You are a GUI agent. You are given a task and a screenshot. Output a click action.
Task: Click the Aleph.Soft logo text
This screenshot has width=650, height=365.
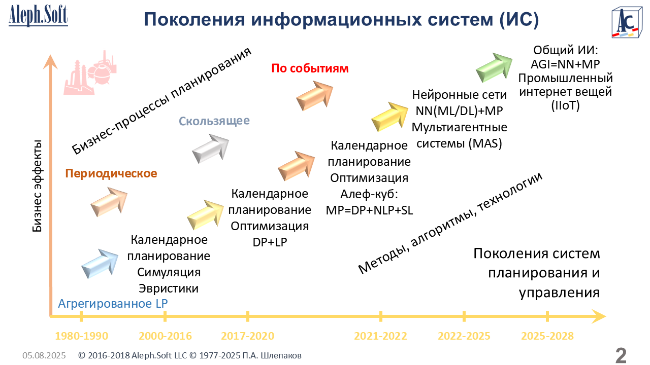38,15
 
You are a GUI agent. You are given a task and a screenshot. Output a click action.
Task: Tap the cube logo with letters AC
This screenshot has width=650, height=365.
627,23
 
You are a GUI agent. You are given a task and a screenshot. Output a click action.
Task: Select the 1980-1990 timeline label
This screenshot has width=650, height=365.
82,336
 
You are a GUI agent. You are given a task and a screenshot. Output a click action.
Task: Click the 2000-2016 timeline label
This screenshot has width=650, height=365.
165,336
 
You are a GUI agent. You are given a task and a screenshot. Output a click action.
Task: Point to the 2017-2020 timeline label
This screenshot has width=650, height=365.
247,336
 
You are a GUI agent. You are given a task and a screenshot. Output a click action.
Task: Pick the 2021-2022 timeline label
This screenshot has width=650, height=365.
380,336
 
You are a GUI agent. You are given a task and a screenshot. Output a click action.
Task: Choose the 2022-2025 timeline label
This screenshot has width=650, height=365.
464,336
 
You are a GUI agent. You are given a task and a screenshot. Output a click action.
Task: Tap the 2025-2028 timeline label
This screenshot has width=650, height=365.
547,336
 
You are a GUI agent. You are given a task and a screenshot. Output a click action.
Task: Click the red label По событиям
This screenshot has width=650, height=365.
310,68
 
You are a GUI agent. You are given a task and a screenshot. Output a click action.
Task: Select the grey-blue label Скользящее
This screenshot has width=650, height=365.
214,121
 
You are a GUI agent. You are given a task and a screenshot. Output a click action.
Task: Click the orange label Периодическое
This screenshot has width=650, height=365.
111,173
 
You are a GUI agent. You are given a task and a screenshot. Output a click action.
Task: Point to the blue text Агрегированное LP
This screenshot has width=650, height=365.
113,304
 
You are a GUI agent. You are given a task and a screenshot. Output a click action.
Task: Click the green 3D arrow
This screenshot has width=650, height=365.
495,67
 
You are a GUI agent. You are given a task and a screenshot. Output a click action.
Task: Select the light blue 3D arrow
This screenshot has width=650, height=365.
100,264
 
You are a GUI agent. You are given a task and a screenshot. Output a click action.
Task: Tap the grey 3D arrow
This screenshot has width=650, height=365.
210,149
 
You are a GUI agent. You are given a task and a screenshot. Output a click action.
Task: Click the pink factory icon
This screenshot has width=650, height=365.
90,73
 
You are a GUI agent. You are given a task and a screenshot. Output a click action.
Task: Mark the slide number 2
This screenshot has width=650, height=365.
621,355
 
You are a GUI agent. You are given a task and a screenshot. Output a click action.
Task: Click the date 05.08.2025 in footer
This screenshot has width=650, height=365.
44,355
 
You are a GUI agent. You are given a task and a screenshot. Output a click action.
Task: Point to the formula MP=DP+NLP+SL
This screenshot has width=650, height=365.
369,210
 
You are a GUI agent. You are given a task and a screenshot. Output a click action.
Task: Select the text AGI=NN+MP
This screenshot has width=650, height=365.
565,64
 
